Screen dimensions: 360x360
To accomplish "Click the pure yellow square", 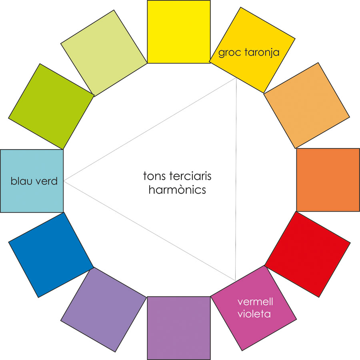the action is click(x=179, y=32).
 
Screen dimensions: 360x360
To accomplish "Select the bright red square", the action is click(x=308, y=254).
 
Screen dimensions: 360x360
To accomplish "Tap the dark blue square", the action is click(x=51, y=255).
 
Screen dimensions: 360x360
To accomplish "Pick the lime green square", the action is click(x=51, y=106).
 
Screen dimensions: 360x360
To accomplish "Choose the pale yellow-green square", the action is click(x=104, y=53).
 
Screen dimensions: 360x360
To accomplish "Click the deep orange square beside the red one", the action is click(x=328, y=180).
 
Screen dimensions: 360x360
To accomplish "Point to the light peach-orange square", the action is click(x=306, y=105).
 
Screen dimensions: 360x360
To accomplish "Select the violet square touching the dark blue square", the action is click(x=104, y=310).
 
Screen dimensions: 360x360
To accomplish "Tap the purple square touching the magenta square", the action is click(x=179, y=328).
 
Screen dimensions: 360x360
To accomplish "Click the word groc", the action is click(x=230, y=53).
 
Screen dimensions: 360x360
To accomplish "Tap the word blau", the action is click(x=21, y=181).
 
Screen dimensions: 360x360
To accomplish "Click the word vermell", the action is click(x=255, y=302).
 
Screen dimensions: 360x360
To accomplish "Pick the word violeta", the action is click(x=254, y=314).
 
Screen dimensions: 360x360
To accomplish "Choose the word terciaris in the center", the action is click(x=190, y=176).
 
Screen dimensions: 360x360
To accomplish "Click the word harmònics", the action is click(x=177, y=190).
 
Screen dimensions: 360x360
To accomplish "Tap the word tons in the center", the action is click(x=155, y=176).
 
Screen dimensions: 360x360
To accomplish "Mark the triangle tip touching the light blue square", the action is click(x=64, y=181).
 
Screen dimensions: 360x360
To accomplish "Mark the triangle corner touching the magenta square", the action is click(x=235, y=280).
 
